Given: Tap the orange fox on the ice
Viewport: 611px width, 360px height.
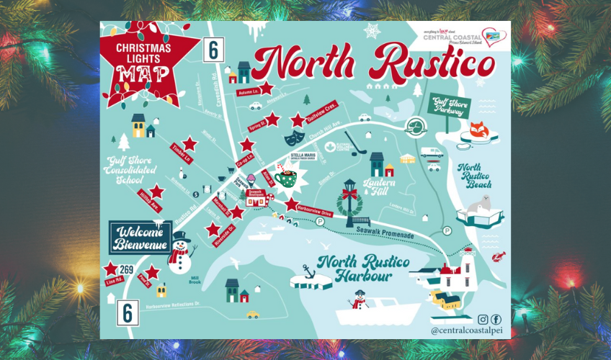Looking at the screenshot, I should pos(478,132).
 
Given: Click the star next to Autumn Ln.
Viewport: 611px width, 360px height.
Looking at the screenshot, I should pos(267,88).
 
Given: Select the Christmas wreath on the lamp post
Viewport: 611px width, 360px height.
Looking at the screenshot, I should pos(350,204).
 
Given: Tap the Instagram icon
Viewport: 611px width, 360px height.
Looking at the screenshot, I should pos(483,319).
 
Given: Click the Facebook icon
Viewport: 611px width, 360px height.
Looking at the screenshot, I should pos(496,319).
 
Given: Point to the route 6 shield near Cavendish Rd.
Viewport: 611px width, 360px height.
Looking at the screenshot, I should pos(213,50).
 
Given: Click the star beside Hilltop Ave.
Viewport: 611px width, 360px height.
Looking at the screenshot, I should pos(156,192).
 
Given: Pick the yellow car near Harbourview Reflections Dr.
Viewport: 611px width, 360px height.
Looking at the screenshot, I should pos(252,315).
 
